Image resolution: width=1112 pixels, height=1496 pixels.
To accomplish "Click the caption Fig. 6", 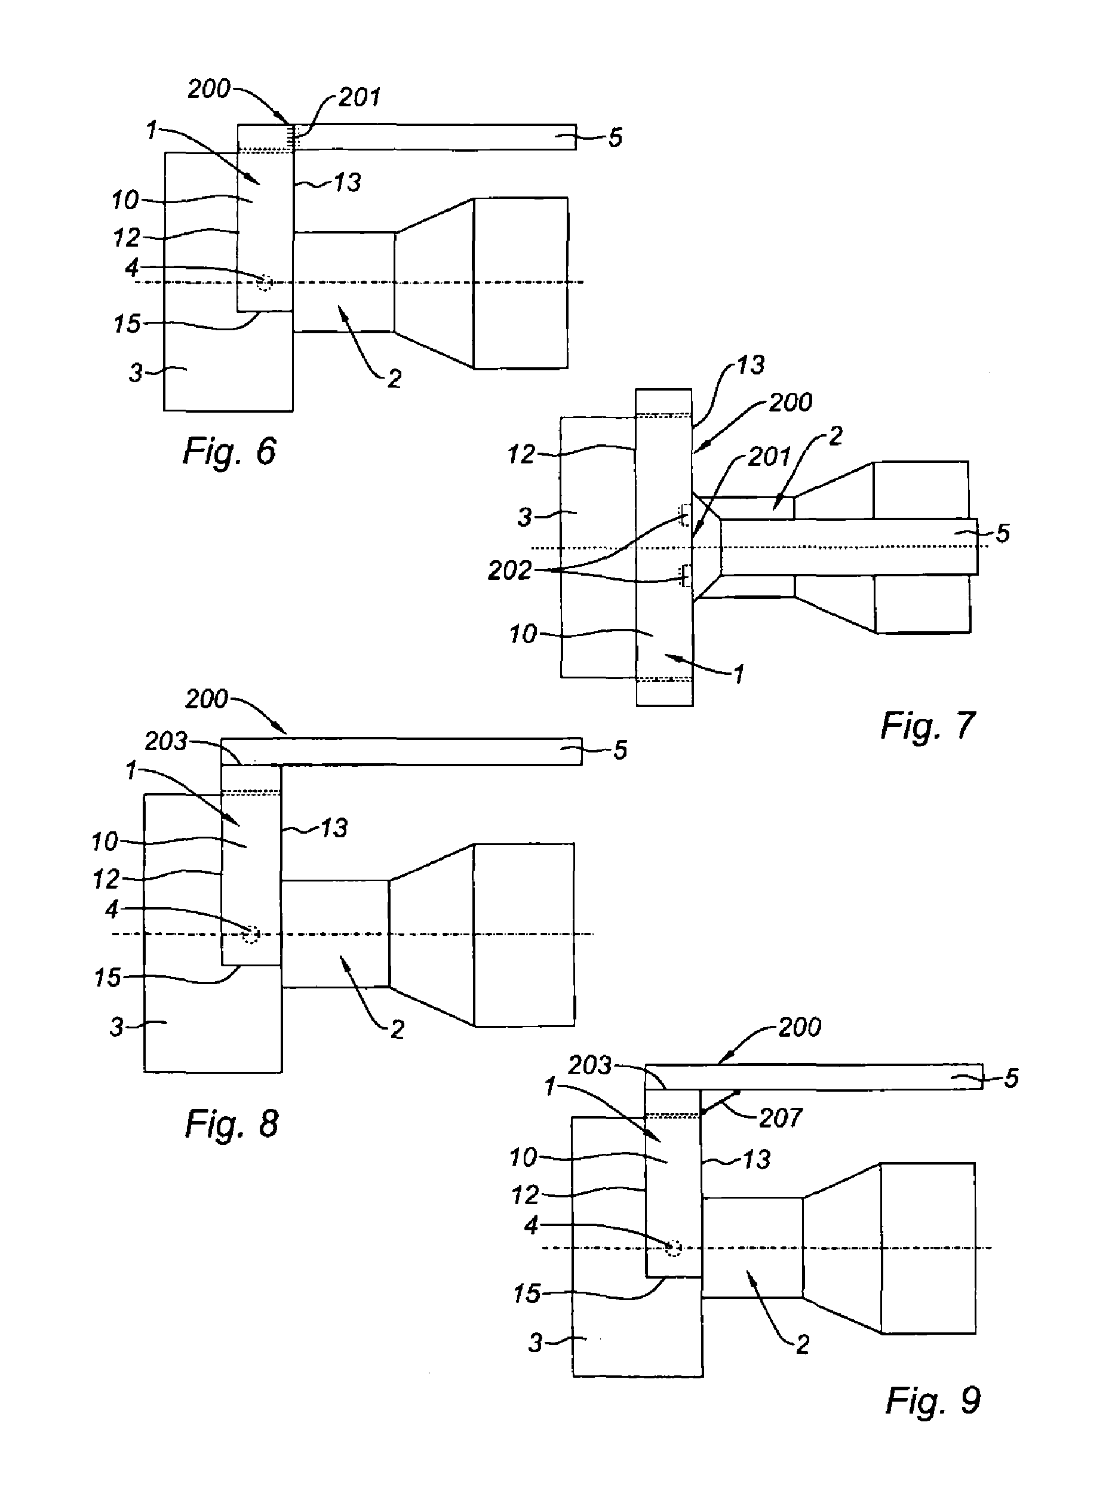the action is click(229, 451).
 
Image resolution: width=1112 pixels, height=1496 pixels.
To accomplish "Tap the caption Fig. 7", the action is click(927, 726).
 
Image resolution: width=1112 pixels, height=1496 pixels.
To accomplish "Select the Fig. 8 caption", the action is click(232, 1123).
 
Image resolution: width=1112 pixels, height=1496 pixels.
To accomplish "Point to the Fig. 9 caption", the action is click(933, 1400).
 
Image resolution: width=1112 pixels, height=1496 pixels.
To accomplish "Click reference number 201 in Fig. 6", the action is click(360, 97).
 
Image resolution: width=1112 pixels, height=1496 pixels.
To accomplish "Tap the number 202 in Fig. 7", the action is click(509, 571).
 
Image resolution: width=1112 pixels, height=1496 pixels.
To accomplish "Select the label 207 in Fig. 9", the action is click(781, 1118).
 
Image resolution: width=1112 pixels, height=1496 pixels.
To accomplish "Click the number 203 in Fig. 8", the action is click(165, 741).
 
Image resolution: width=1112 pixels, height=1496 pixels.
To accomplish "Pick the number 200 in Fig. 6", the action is click(208, 89).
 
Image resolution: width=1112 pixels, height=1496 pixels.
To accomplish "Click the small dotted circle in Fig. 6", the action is click(265, 282).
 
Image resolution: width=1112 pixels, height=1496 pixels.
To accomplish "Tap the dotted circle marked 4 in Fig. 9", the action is click(673, 1248).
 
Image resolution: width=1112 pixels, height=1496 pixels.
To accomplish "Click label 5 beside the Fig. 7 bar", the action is click(1003, 534).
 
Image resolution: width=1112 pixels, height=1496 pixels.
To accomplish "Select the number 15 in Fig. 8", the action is click(107, 978).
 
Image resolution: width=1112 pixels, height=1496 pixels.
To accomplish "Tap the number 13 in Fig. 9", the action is click(757, 1160).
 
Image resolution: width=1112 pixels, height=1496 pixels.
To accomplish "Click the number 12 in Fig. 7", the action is click(521, 455).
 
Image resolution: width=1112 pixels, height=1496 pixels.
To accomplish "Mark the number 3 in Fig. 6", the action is click(136, 373).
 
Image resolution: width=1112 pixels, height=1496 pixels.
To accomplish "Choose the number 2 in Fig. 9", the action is click(803, 1344).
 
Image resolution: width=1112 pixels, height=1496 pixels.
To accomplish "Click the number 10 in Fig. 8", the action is click(105, 842).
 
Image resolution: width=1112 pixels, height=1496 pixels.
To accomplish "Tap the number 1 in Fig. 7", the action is click(738, 674).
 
